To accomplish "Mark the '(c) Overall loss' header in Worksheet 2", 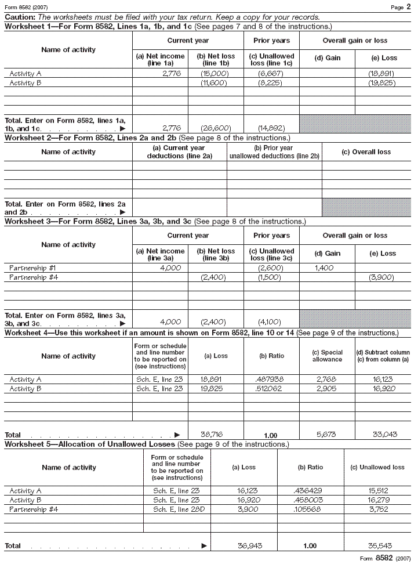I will point(366,152).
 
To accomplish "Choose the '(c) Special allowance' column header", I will point(327,356).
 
